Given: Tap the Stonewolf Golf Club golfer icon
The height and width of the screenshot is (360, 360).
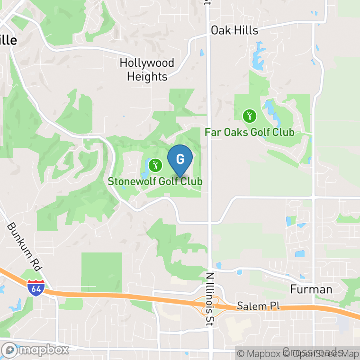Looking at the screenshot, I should pyautogui.click(x=155, y=165).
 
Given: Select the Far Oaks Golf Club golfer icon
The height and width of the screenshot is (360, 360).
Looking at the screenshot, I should pyautogui.click(x=249, y=116).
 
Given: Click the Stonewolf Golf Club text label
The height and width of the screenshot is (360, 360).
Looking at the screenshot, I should pyautogui.click(x=155, y=181).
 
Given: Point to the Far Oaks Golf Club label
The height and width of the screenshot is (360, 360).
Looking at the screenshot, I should pyautogui.click(x=249, y=132).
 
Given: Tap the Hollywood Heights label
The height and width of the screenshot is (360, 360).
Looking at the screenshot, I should pyautogui.click(x=147, y=70).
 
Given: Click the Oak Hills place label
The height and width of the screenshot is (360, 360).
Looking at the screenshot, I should pyautogui.click(x=234, y=31).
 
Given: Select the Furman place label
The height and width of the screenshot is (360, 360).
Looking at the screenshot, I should pyautogui.click(x=311, y=289).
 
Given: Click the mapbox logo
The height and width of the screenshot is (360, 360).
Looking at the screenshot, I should pyautogui.click(x=36, y=350).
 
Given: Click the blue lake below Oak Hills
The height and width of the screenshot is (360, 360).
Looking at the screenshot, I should pyautogui.click(x=258, y=56).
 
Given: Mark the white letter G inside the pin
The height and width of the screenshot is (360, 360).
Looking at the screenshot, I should pyautogui.click(x=180, y=158).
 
